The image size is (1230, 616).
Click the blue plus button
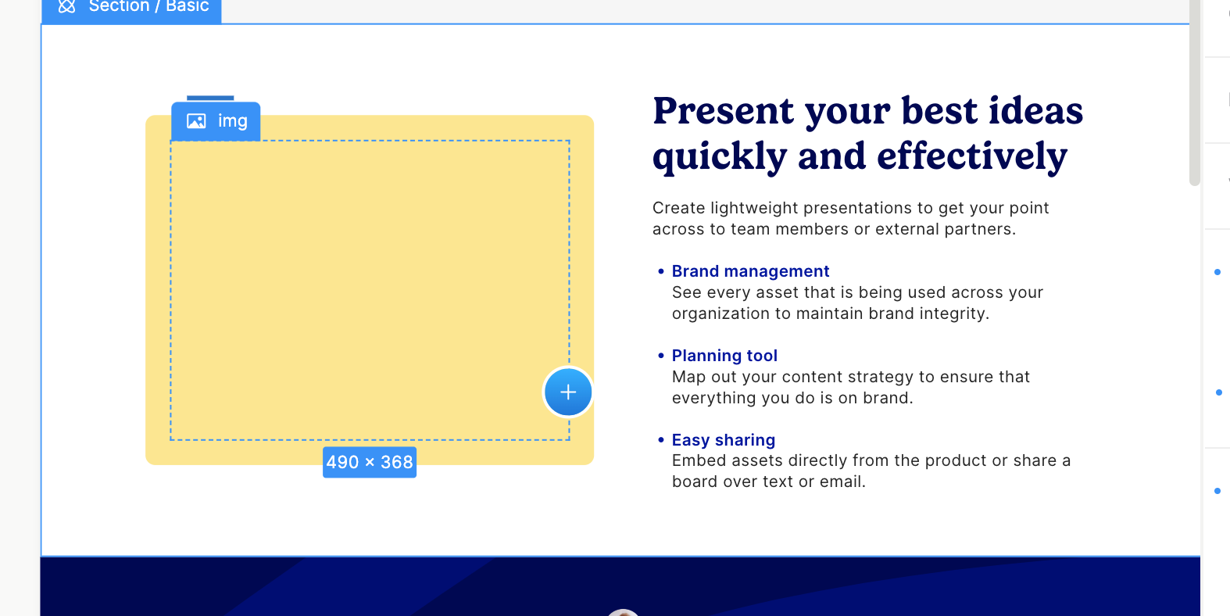click(x=568, y=392)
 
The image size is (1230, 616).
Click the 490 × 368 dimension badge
click(x=370, y=462)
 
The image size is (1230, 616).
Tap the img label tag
click(x=216, y=121)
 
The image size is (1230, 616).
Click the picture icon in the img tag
click(x=196, y=121)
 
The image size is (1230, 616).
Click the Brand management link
click(x=750, y=271)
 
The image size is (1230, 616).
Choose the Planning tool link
click(x=724, y=356)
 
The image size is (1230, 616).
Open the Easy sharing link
click(x=723, y=439)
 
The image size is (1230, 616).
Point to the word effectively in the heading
click(x=972, y=157)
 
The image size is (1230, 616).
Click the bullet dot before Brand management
click(x=660, y=271)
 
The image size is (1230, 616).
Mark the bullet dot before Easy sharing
click(x=660, y=439)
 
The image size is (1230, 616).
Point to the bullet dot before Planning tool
click(x=660, y=356)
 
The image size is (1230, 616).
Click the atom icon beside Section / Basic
click(x=67, y=6)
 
